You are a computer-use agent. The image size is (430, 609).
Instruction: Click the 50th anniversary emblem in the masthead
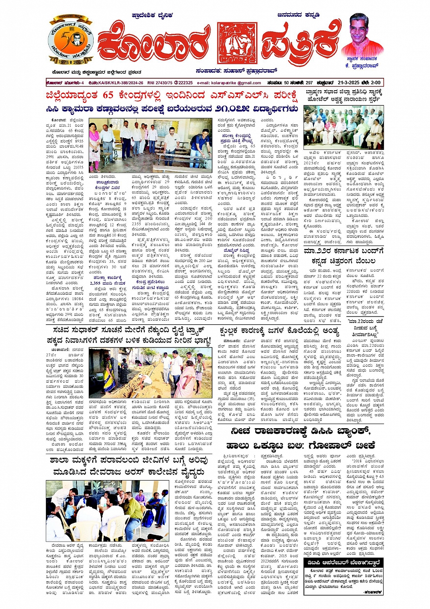(71, 41)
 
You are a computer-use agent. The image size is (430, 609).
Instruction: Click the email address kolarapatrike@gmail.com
(235, 83)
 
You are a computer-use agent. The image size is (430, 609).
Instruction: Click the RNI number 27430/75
(160, 83)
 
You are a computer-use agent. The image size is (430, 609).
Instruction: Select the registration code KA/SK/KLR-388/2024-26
(119, 83)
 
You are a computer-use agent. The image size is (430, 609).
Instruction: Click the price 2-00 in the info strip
(374, 83)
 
